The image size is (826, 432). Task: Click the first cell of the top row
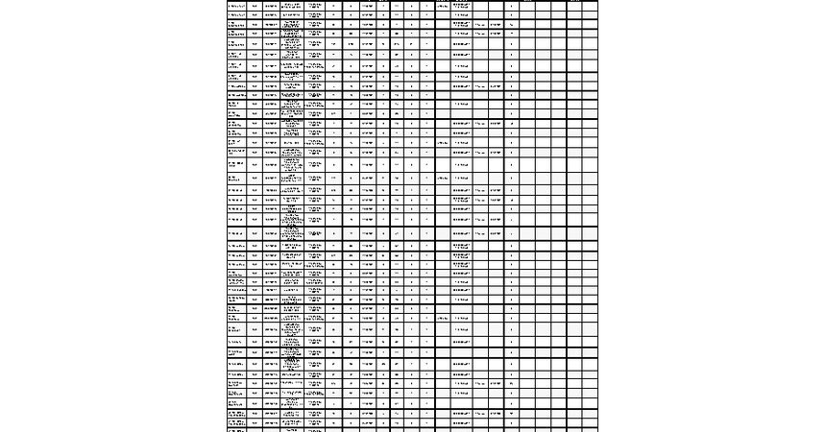(235, 6)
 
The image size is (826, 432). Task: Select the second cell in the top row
(255, 6)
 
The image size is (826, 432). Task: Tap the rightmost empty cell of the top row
(590, 6)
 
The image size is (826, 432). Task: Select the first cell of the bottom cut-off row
(235, 430)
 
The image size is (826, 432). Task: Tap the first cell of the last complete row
(235, 422)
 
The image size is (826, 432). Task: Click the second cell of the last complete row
(255, 422)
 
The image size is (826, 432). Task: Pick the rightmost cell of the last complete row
(590, 422)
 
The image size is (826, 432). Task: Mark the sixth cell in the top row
(351, 6)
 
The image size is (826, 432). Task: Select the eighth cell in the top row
(382, 6)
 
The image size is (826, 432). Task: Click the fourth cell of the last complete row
(316, 422)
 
